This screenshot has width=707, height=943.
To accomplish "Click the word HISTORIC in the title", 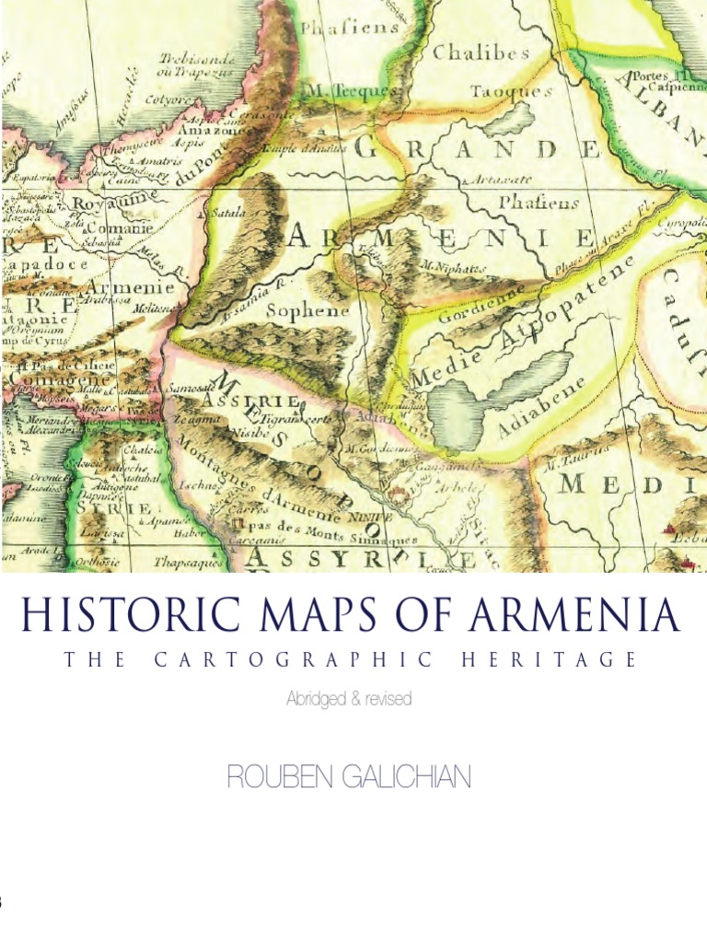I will [x=102, y=616].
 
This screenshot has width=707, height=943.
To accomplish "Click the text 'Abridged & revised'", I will [x=348, y=699].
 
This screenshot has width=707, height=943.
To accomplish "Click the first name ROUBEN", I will [x=273, y=778].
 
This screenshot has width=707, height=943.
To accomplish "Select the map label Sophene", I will [x=307, y=310].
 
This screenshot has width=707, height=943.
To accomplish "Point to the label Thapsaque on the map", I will [x=188, y=560].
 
